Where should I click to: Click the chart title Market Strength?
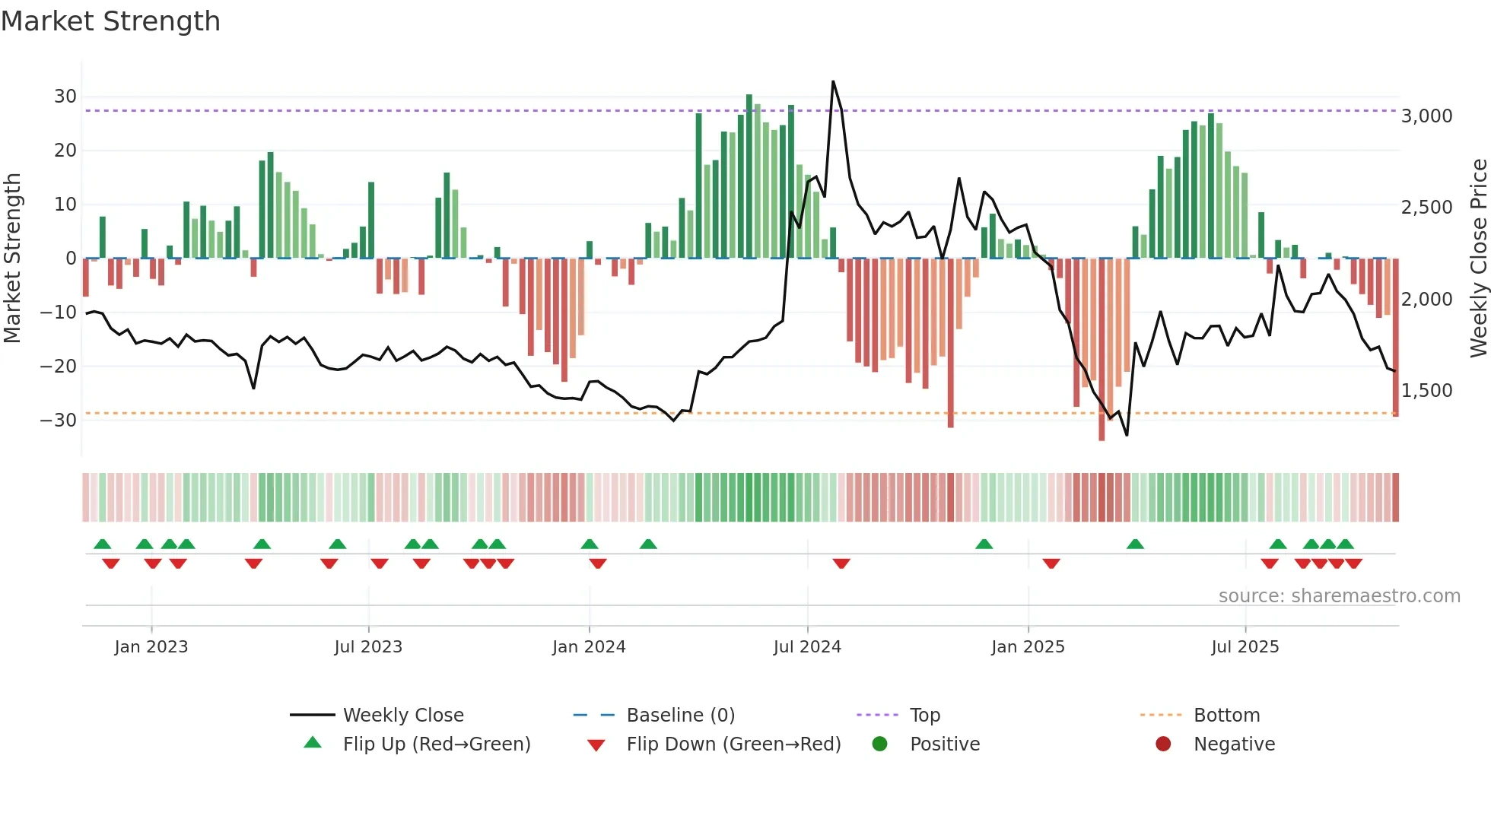(x=110, y=21)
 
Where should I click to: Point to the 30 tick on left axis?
(x=65, y=97)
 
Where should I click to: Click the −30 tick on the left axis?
(x=59, y=421)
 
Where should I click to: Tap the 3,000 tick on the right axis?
(x=1426, y=116)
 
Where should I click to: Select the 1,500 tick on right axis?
(x=1426, y=391)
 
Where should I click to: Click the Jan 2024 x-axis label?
(x=589, y=647)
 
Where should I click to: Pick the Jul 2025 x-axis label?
(x=1245, y=647)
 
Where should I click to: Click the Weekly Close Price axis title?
(x=1478, y=259)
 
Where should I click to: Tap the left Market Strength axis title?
(x=12, y=259)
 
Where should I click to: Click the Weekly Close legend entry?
(x=402, y=716)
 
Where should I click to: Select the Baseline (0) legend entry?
(x=680, y=716)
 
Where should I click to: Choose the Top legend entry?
(x=924, y=716)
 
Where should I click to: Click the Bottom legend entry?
(x=1226, y=716)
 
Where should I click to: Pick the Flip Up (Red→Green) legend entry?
(x=436, y=744)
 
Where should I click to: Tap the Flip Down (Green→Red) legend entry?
(x=733, y=744)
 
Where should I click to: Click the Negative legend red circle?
(x=1163, y=744)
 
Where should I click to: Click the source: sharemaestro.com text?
(x=1339, y=596)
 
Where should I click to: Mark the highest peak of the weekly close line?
(x=833, y=82)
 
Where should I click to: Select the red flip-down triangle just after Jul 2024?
(x=841, y=563)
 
